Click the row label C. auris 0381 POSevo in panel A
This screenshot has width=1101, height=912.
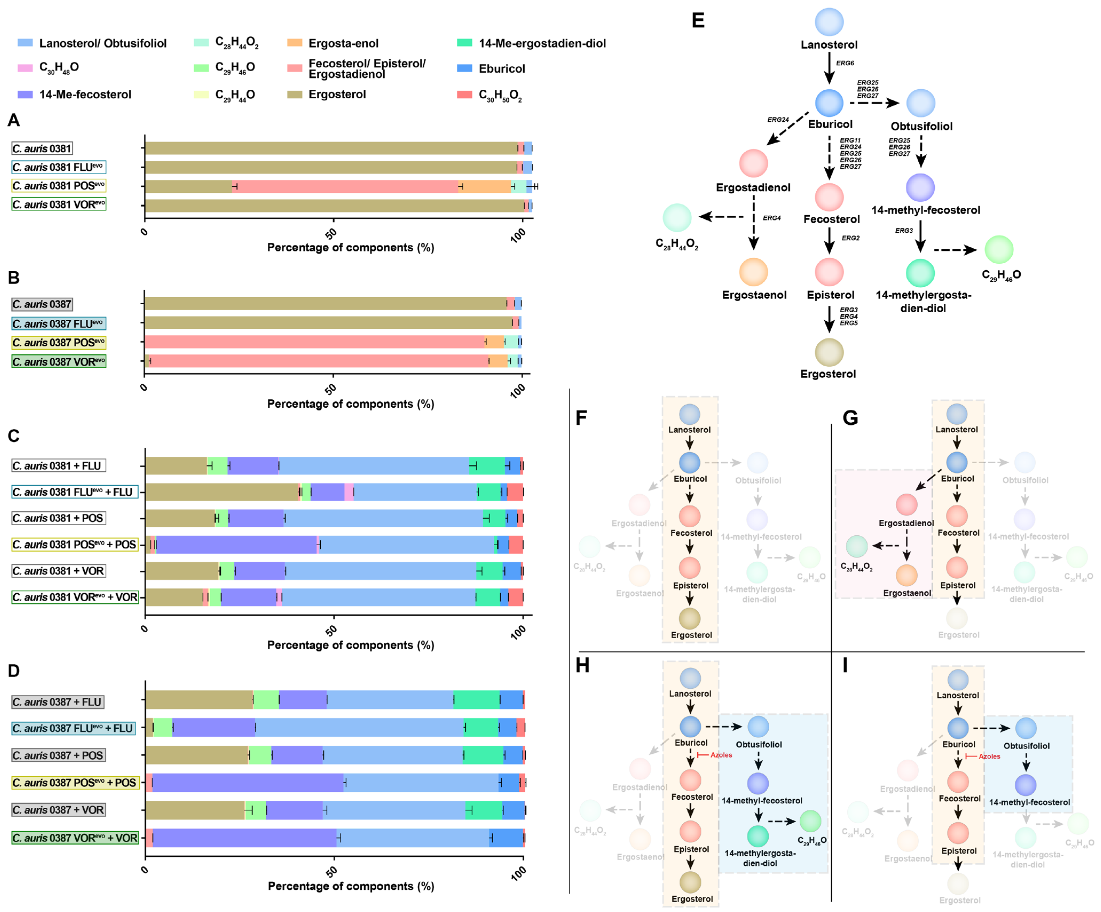coord(59,185)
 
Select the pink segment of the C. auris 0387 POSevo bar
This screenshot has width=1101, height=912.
coord(314,342)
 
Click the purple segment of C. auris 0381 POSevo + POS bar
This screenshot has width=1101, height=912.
coord(236,544)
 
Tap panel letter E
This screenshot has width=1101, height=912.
coord(698,21)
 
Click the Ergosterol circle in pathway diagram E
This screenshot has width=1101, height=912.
coord(829,352)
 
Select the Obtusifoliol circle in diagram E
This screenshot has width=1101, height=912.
coord(921,103)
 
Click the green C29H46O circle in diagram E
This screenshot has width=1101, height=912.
coord(999,250)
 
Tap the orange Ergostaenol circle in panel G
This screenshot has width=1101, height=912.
coord(906,575)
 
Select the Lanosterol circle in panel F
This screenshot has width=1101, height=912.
coord(689,414)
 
